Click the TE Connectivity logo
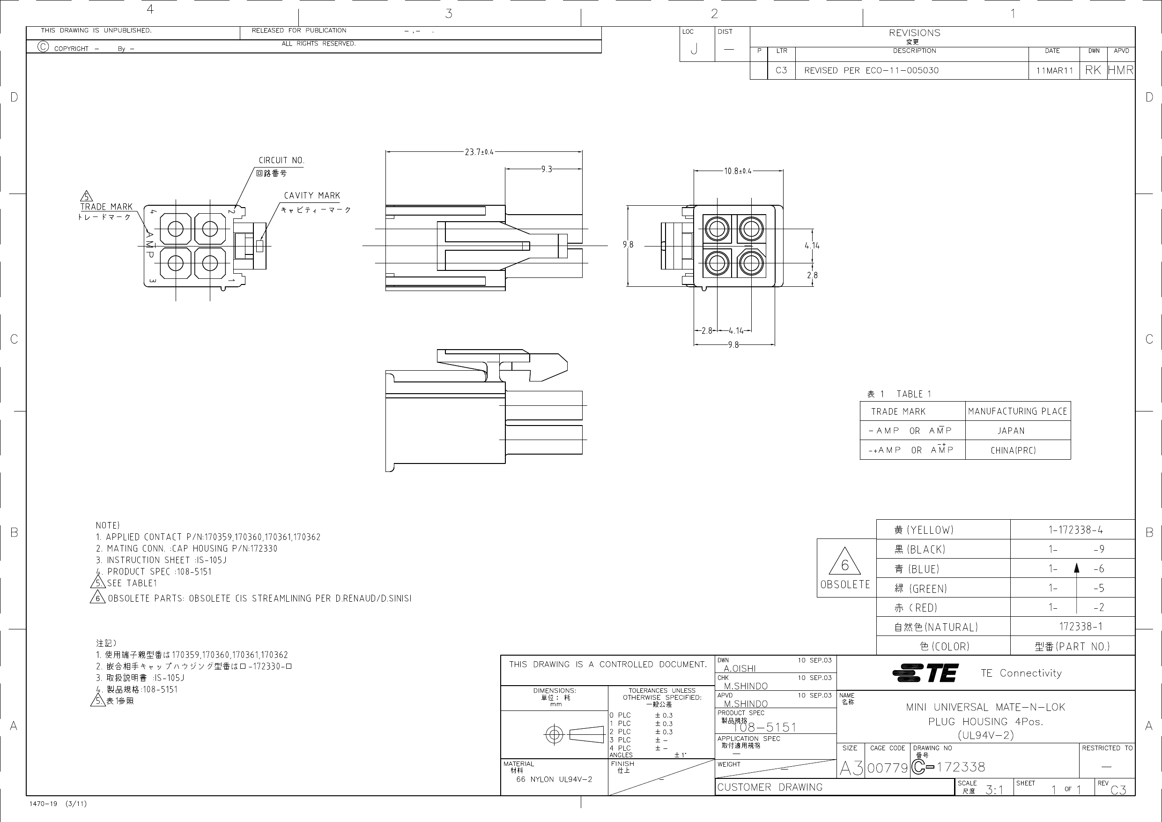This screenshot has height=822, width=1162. click(x=925, y=673)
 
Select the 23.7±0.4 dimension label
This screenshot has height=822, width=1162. click(x=479, y=152)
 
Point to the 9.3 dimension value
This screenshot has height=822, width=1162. click(x=546, y=169)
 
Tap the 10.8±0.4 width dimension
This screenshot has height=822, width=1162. click(x=737, y=171)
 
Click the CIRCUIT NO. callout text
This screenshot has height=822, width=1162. click(x=281, y=160)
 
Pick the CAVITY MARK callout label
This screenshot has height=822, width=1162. click(x=312, y=195)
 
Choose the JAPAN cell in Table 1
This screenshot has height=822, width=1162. click(x=1011, y=431)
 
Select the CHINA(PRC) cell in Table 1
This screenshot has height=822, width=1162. click(x=1013, y=450)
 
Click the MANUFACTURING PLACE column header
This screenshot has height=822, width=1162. click(x=1017, y=411)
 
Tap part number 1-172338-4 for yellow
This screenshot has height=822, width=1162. click(x=1075, y=530)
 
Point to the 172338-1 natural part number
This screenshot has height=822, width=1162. click(x=1081, y=627)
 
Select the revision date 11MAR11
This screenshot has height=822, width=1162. click(x=1054, y=70)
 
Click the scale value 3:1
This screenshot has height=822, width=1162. click(x=994, y=790)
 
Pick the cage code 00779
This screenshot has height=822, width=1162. click(x=888, y=768)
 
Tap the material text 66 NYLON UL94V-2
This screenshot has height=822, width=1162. click(x=554, y=779)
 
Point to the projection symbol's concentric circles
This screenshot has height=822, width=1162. click(x=554, y=734)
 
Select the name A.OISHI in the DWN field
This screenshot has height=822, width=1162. click(x=740, y=669)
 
